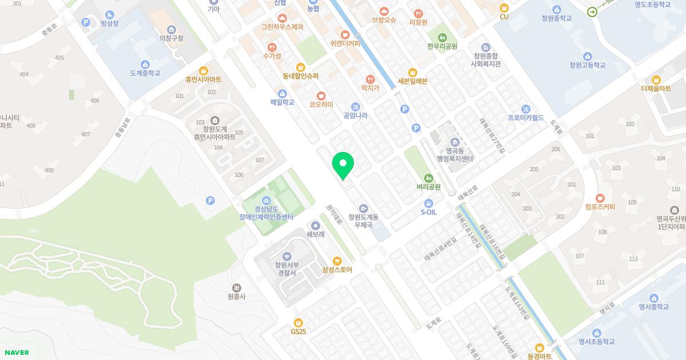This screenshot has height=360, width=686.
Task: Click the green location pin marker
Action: click(x=343, y=165)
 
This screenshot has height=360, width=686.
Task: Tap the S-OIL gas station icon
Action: click(x=429, y=203)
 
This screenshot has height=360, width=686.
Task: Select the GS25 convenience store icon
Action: click(x=298, y=322)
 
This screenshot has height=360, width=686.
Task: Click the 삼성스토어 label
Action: click(x=337, y=270)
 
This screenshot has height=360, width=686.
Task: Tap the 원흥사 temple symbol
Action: click(x=236, y=287)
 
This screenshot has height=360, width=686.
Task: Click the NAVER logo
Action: click(x=17, y=353)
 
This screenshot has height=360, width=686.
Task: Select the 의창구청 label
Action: click(x=171, y=38)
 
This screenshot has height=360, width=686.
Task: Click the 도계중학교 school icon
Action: click(x=145, y=65)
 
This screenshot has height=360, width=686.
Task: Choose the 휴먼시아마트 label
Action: click(x=203, y=79)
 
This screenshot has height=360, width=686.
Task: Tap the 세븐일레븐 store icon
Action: click(x=412, y=72)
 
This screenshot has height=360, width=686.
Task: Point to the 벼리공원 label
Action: click(x=429, y=187)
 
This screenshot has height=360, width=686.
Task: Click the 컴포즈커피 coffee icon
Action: click(x=600, y=198)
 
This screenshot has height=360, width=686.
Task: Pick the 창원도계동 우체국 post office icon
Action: click(x=364, y=208)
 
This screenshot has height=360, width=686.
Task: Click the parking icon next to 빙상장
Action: click(x=86, y=22)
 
